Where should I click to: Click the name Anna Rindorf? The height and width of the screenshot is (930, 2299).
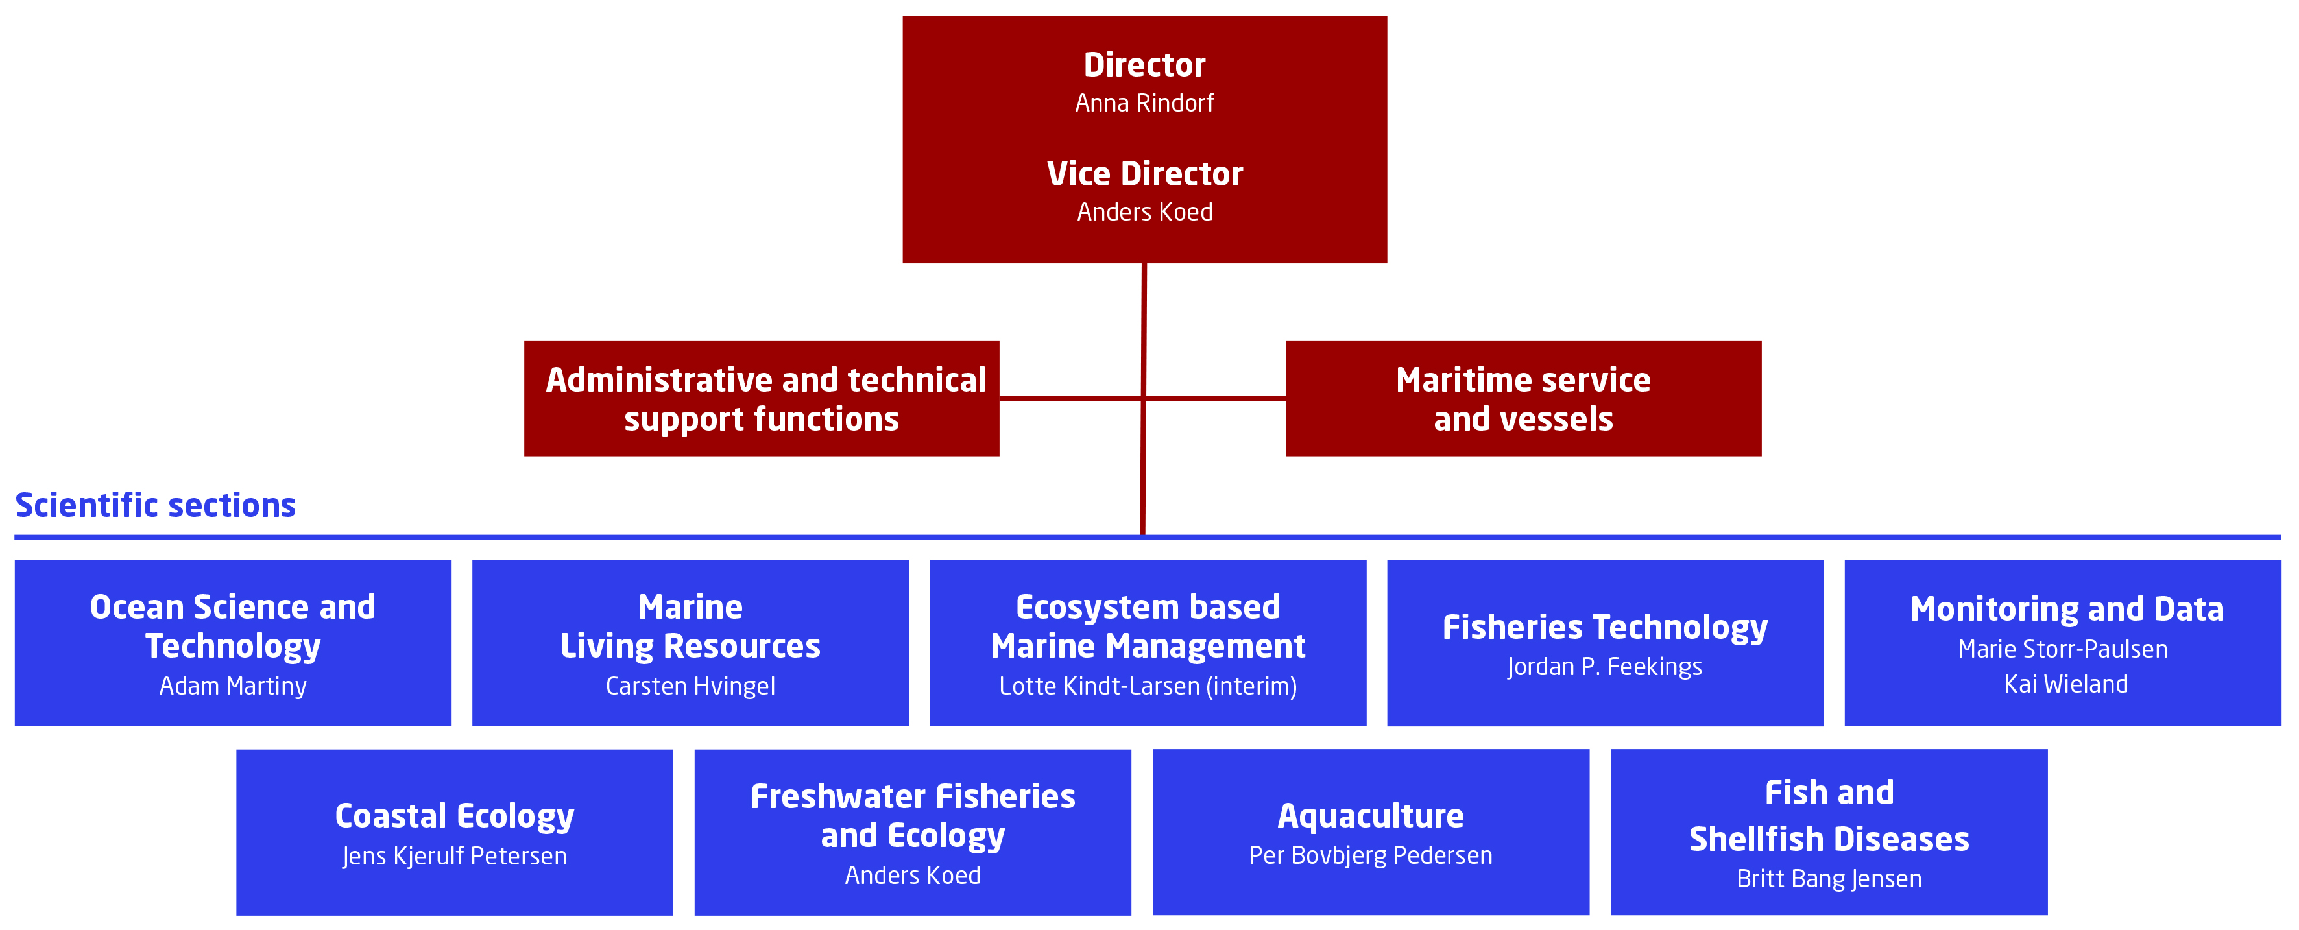[1144, 104]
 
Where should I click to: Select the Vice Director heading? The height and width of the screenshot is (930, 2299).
[1144, 173]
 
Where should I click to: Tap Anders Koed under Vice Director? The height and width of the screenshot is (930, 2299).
[1144, 213]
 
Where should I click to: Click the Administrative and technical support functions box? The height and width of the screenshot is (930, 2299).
[762, 398]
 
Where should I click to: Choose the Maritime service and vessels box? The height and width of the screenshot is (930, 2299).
[1523, 398]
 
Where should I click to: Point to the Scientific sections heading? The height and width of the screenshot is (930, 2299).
[155, 505]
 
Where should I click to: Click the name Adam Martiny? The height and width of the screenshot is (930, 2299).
[233, 686]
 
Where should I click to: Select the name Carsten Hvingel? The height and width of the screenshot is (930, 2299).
[690, 686]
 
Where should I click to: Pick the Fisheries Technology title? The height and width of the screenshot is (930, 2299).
[1605, 627]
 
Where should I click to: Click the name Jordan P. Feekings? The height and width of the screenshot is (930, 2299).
[1605, 667]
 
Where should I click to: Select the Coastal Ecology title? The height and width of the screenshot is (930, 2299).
[454, 817]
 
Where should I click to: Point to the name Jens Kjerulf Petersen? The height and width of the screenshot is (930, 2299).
[454, 856]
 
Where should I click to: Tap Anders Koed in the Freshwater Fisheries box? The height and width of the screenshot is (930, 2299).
[912, 876]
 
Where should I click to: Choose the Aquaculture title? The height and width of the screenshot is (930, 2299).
[1371, 816]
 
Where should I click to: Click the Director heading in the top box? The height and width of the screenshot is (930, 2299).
[1144, 64]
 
